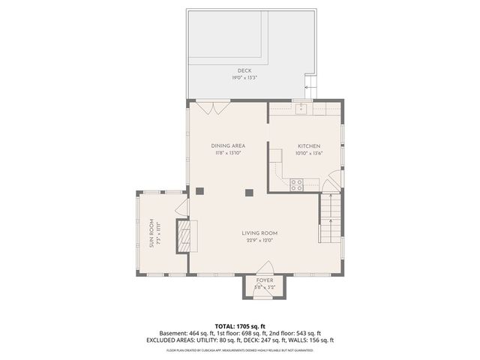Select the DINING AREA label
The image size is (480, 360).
click(x=228, y=145)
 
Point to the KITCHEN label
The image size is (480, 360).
click(x=309, y=145)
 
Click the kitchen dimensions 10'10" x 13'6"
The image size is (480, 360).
click(x=309, y=153)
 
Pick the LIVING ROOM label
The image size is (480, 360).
click(x=259, y=233)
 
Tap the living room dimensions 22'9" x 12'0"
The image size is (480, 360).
click(x=259, y=241)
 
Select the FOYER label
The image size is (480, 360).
click(x=265, y=280)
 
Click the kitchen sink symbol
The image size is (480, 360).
click(x=301, y=109)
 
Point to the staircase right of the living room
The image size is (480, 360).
click(x=330, y=217)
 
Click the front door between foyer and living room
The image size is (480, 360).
click(x=265, y=268)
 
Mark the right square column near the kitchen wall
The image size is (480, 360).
click(x=250, y=192)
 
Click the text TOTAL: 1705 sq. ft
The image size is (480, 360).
click(x=240, y=326)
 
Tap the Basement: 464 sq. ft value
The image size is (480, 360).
click(x=184, y=333)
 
